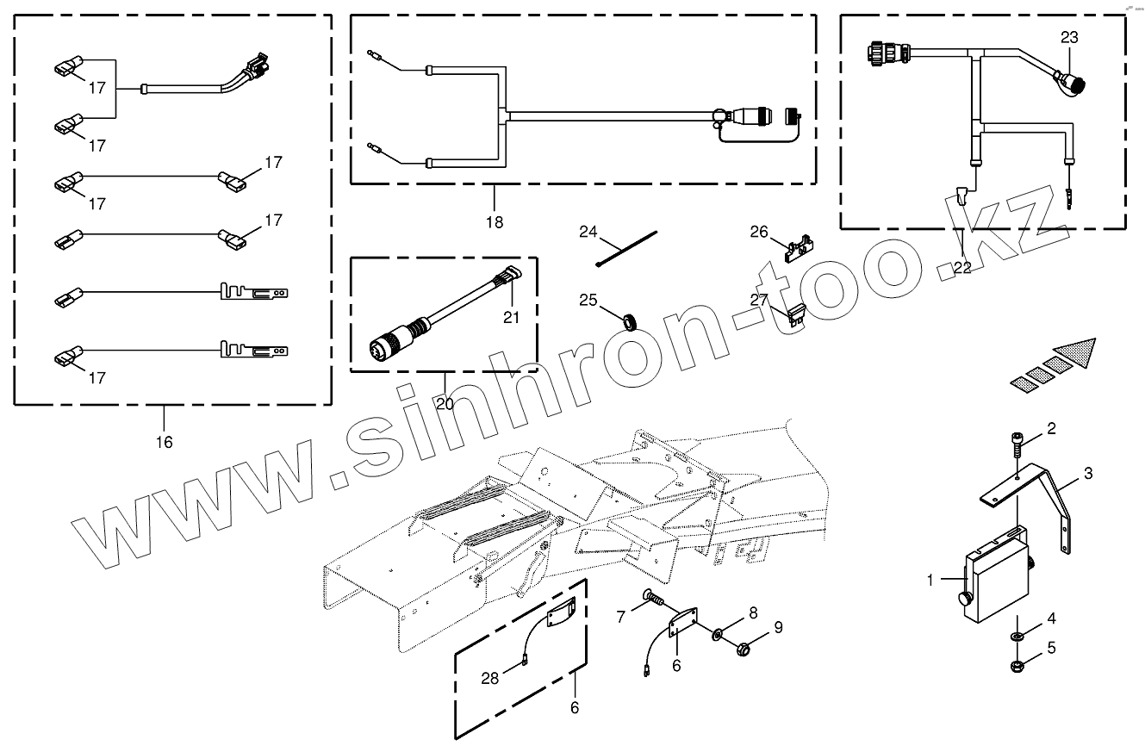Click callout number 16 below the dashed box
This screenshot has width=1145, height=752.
pyautogui.click(x=164, y=442)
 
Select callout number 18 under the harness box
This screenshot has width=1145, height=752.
pyautogui.click(x=495, y=221)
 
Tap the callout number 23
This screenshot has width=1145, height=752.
pyautogui.click(x=1069, y=38)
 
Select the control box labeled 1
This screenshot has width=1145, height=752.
pyautogui.click(x=998, y=575)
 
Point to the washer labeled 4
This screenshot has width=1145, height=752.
pyautogui.click(x=1017, y=636)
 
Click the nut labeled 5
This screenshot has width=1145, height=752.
pyautogui.click(x=1017, y=665)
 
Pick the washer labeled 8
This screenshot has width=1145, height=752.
pyautogui.click(x=718, y=636)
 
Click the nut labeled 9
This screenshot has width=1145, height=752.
pyautogui.click(x=744, y=646)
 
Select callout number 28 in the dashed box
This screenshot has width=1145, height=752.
pyautogui.click(x=489, y=679)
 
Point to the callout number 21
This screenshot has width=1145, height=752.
pyautogui.click(x=512, y=318)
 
